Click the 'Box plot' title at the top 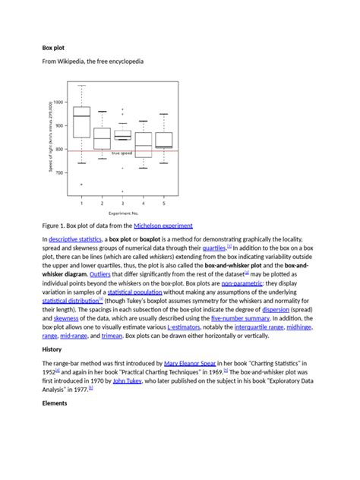(54, 47)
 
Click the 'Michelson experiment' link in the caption (163, 226)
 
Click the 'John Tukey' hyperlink (128, 384)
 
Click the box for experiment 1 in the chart (81, 122)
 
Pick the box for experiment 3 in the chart (122, 134)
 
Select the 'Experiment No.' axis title (124, 214)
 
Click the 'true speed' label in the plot (122, 153)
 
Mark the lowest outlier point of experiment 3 (122, 190)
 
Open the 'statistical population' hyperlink (134, 291)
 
